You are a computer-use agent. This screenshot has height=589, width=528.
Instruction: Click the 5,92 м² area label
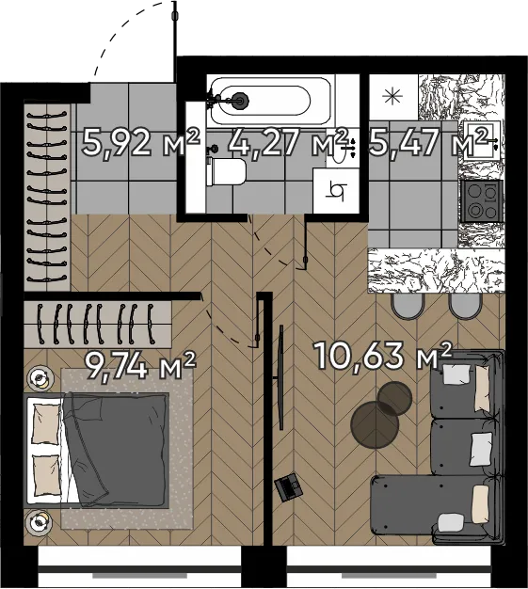pyautogui.click(x=140, y=142)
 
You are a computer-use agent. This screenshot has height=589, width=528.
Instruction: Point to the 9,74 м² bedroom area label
pyautogui.click(x=140, y=365)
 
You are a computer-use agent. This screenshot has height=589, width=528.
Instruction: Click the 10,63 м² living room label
pyautogui.click(x=382, y=355)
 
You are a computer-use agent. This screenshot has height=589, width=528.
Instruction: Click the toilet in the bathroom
pyautogui.click(x=226, y=171)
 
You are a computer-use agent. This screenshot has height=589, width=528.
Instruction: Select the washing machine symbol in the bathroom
pyautogui.click(x=335, y=191)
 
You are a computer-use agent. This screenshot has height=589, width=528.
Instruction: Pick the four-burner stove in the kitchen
pyautogui.click(x=482, y=201)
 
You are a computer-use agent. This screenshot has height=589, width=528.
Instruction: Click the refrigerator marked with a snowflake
pyautogui.click(x=393, y=97)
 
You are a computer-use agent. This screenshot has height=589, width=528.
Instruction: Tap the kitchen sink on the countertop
pyautogui.click(x=482, y=140)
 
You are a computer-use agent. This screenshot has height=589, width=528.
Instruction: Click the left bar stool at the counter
pyautogui.click(x=407, y=306)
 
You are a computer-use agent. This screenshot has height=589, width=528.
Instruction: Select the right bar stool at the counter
pyautogui.click(x=465, y=306)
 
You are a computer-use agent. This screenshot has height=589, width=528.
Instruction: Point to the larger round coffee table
pyautogui.click(x=375, y=425)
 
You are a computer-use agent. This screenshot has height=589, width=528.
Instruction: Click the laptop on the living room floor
pyautogui.click(x=288, y=487)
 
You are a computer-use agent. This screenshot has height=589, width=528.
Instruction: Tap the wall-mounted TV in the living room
pyautogui.click(x=280, y=377)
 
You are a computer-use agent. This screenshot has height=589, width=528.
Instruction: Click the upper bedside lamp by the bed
pyautogui.click(x=40, y=377)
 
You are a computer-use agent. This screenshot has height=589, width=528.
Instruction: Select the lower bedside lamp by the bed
pyautogui.click(x=40, y=522)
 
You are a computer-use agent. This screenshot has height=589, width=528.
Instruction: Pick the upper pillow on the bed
pyautogui.click(x=47, y=423)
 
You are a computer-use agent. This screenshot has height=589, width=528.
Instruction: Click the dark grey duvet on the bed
pyautogui.click(x=116, y=449)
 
